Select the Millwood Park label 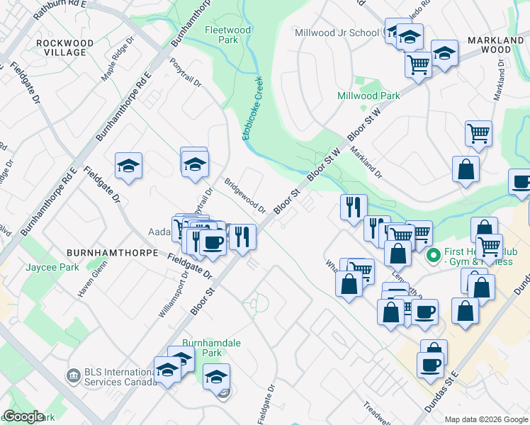pyautogui.click(x=368, y=96)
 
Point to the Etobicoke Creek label pyautogui.click(x=254, y=108)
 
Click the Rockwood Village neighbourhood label pyautogui.click(x=64, y=47)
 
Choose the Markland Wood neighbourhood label pyautogui.click(x=499, y=45)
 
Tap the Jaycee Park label pyautogui.click(x=50, y=267)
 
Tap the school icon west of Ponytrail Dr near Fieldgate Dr pyautogui.click(x=129, y=166)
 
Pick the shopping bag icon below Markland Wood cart pyautogui.click(x=466, y=170)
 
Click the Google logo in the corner pyautogui.click(x=23, y=416)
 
